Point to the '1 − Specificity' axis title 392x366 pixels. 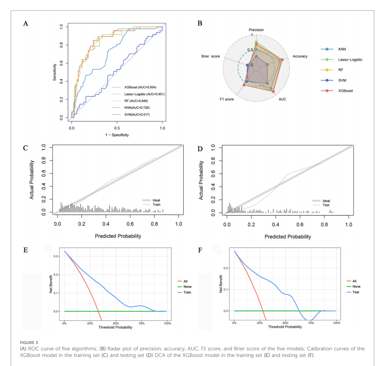(117, 135)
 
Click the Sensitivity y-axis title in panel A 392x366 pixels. (55, 72)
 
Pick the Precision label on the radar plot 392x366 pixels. (256, 30)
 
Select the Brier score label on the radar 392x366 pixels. (210, 56)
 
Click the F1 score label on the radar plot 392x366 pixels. (226, 99)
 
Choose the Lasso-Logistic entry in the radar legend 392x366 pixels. (350, 60)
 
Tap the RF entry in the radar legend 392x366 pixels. (340, 70)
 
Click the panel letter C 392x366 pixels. (26, 148)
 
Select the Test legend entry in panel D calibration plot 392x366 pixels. (326, 205)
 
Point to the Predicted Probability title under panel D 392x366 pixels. (288, 237)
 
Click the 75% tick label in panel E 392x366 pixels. (141, 323)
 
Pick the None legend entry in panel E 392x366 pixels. (187, 287)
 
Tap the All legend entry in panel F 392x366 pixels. (354, 281)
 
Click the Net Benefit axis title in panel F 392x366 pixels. (221, 284)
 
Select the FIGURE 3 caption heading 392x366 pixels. (29, 342)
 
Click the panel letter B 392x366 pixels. (200, 23)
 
